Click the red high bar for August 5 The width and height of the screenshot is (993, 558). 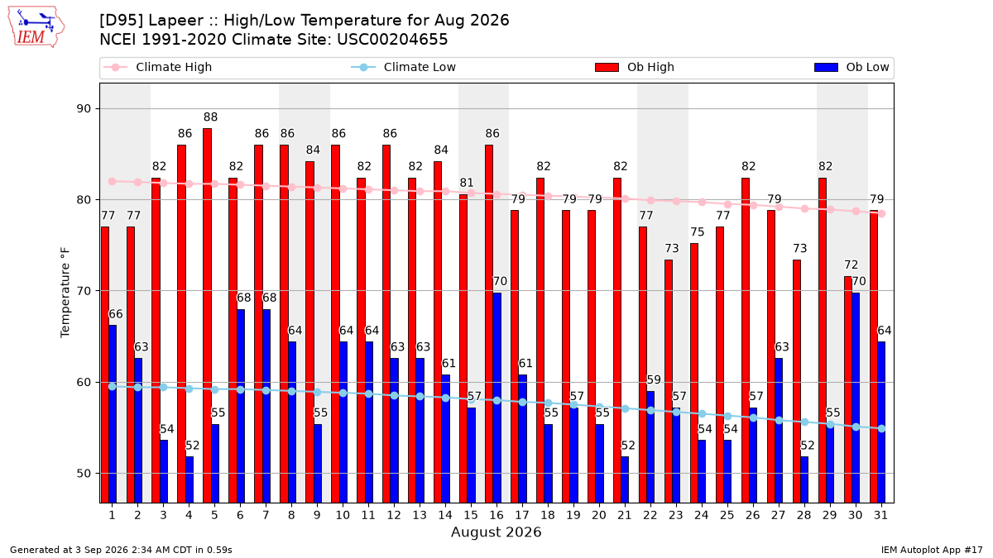click(x=207, y=316)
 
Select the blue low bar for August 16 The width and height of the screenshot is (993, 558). click(x=497, y=398)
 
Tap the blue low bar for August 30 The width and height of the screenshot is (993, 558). click(x=856, y=398)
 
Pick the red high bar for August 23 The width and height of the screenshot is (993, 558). click(x=668, y=381)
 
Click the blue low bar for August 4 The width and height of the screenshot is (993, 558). click(x=189, y=479)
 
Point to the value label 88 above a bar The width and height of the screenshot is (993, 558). click(x=210, y=117)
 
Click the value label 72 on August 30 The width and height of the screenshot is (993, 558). click(x=851, y=265)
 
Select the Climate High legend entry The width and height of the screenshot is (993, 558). click(x=157, y=67)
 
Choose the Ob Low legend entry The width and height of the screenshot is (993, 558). click(x=851, y=67)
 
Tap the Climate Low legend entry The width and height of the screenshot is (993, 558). click(x=404, y=67)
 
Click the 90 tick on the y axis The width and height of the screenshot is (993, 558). click(x=84, y=109)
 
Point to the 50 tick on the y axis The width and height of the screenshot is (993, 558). click(x=84, y=474)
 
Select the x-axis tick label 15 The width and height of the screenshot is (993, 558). click(x=471, y=515)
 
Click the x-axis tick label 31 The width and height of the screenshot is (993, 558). click(x=880, y=515)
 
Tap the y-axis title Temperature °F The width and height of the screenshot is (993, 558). click(x=65, y=293)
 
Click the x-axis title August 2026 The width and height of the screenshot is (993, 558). click(x=496, y=532)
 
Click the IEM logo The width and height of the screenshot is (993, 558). click(x=36, y=26)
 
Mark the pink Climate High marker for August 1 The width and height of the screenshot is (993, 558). click(x=113, y=182)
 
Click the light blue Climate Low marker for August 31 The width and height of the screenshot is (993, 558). click(x=881, y=429)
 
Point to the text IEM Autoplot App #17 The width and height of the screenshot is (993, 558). click(x=932, y=550)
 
